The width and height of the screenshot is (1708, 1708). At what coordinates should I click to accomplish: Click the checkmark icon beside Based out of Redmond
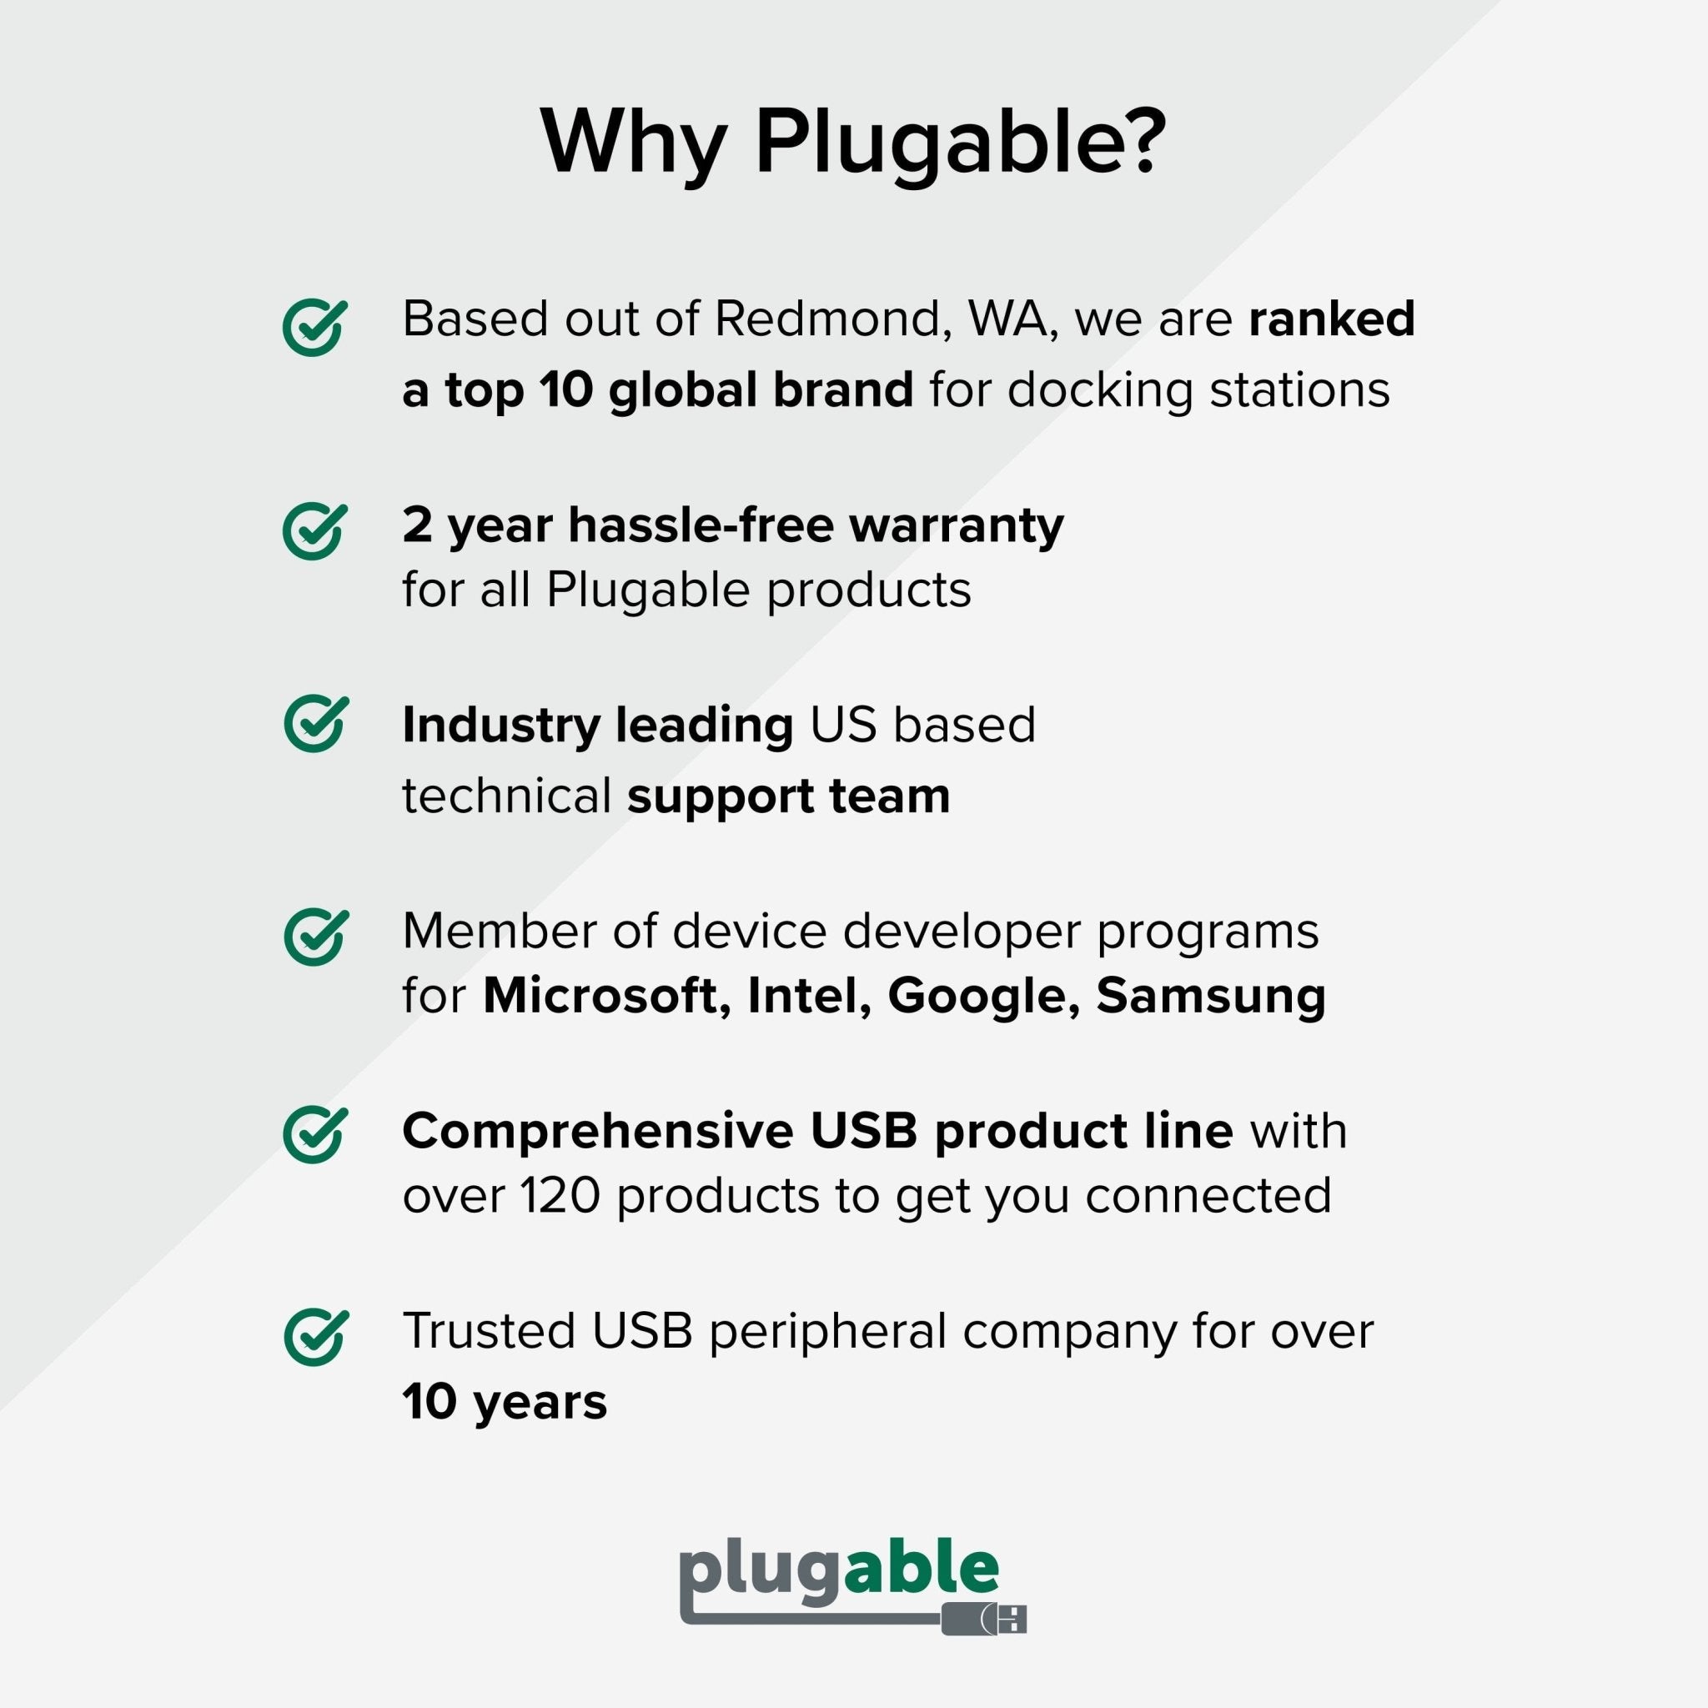tap(314, 328)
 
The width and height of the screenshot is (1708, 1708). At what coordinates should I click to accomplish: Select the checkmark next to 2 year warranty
tap(314, 531)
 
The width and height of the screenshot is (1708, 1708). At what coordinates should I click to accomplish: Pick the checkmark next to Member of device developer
tap(314, 937)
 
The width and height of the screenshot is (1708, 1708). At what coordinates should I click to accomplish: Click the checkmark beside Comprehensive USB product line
tap(314, 1135)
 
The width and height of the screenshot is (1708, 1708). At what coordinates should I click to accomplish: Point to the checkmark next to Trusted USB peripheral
tap(314, 1338)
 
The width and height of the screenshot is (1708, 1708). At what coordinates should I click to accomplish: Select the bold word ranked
tap(1331, 319)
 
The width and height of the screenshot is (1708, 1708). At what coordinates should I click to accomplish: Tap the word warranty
tap(957, 525)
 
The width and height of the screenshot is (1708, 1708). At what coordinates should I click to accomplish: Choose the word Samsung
tap(1210, 997)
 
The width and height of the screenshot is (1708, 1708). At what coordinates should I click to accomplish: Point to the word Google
tap(983, 997)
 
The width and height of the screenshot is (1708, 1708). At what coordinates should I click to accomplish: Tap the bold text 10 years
tap(504, 1402)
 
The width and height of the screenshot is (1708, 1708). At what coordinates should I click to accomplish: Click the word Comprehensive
tap(598, 1131)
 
